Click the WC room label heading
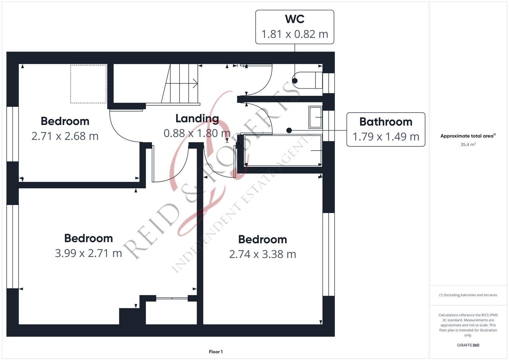tap(294, 19)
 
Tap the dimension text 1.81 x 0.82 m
tap(295, 34)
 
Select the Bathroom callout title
tap(386, 122)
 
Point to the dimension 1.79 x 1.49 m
tap(386, 137)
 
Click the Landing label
tap(197, 119)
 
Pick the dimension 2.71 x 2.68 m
tap(65, 136)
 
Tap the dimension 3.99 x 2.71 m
tap(88, 253)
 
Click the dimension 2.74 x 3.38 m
tap(262, 254)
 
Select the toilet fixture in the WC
tap(307, 80)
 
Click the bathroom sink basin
tap(315, 117)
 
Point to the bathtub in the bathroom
tap(283, 150)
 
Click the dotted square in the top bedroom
tap(88, 84)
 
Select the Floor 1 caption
tap(216, 352)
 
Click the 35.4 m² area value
tap(468, 144)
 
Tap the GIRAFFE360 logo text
tap(468, 345)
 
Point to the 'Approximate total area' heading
tap(468, 136)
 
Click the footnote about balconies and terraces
tap(468, 295)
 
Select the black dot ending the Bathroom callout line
tap(289, 130)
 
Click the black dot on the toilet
tap(295, 81)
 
